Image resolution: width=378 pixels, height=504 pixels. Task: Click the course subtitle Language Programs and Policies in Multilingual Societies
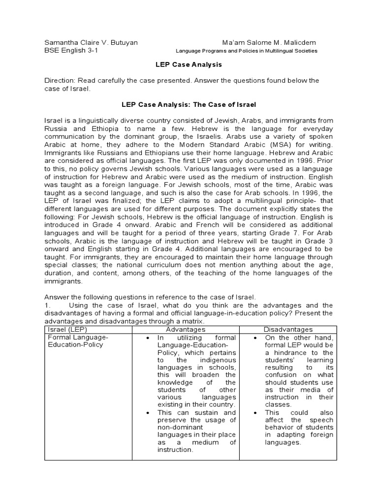click(x=247, y=51)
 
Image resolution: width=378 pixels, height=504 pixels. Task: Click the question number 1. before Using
click(x=48, y=305)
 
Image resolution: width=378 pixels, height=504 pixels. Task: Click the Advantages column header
click(x=185, y=329)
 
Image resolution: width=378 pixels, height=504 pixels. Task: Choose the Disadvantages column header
click(x=288, y=329)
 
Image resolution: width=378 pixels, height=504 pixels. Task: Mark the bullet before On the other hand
click(x=255, y=338)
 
